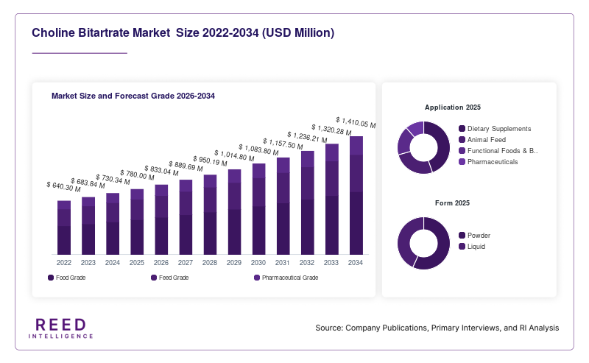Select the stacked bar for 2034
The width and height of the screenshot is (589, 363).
pyautogui.click(x=356, y=195)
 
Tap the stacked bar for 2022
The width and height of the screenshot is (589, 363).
pyautogui.click(x=64, y=228)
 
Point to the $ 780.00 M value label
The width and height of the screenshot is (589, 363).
pyautogui.click(x=137, y=175)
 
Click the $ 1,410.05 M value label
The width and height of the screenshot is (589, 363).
pyautogui.click(x=356, y=122)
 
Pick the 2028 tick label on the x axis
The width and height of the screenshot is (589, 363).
pyautogui.click(x=210, y=263)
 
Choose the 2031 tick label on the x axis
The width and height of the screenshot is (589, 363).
pyautogui.click(x=283, y=263)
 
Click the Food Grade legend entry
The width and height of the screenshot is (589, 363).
pyautogui.click(x=67, y=278)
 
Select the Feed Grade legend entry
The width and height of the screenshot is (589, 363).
pyautogui.click(x=170, y=278)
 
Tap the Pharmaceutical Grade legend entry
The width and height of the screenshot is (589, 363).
pyautogui.click(x=286, y=278)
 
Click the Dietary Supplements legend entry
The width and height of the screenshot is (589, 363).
pyautogui.click(x=495, y=129)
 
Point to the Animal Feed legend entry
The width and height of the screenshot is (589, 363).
pyautogui.click(x=482, y=140)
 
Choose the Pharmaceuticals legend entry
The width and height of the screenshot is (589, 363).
pyautogui.click(x=488, y=162)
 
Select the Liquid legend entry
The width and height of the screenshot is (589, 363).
pyautogui.click(x=472, y=247)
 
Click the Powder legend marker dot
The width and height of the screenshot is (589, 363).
pyautogui.click(x=462, y=236)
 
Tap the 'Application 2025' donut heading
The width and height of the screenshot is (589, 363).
pyautogui.click(x=453, y=108)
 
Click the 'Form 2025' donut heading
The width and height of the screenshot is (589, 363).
pyautogui.click(x=452, y=203)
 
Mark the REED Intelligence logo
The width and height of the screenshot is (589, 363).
pyautogui.click(x=61, y=328)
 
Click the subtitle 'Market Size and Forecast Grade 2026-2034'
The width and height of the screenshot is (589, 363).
pyautogui.click(x=133, y=96)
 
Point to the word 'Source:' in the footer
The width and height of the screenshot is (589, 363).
pyautogui.click(x=329, y=328)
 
